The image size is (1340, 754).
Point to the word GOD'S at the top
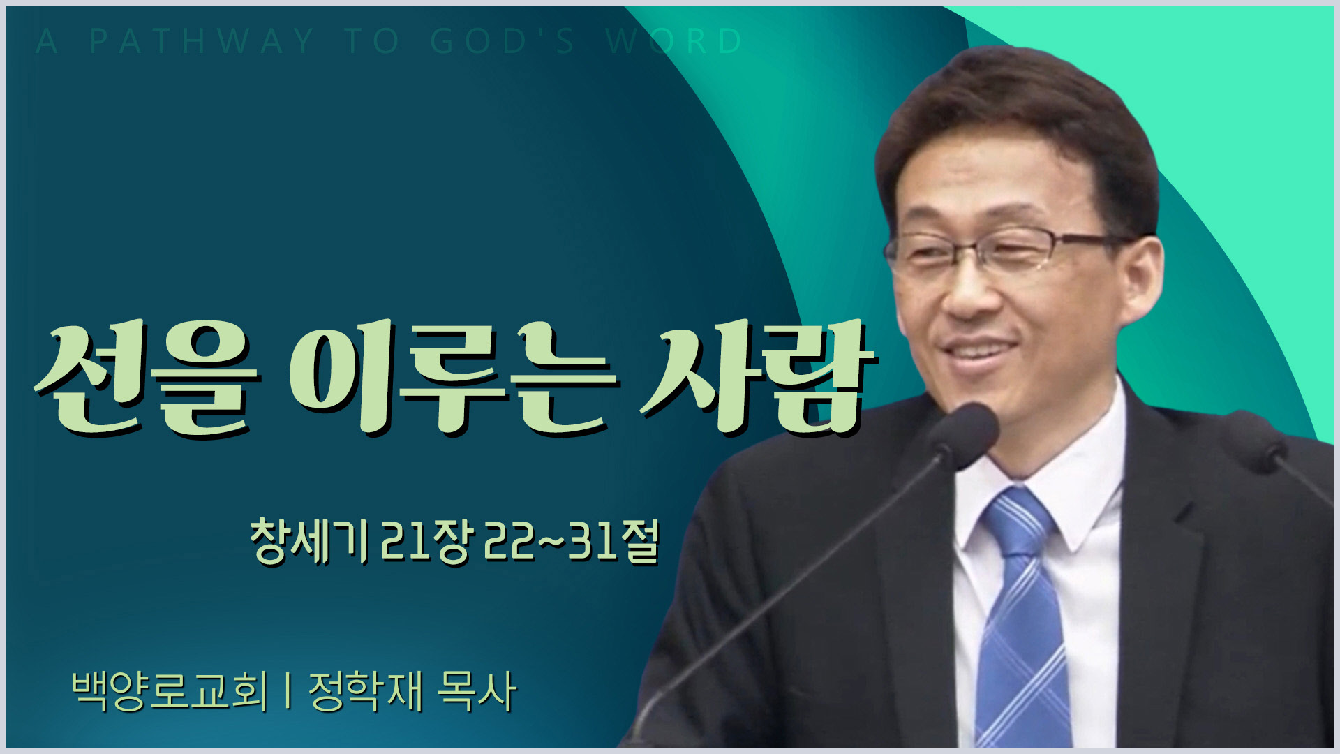[x=502, y=42]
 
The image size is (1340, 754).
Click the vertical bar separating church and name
[x=288, y=691]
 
